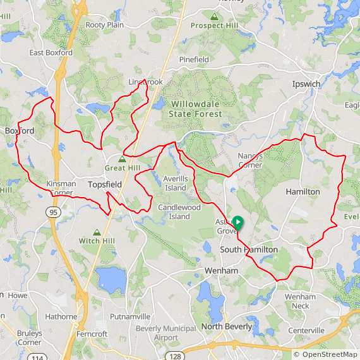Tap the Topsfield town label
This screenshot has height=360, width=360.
105,184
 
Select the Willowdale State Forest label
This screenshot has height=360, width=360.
196,109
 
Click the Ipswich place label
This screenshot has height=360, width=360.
306,84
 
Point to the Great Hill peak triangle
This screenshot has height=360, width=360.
122,159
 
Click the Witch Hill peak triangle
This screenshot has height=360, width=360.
97,232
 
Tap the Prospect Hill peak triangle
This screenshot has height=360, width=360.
215,16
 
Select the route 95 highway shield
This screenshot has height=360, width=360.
53,212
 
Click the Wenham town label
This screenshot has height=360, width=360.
221,270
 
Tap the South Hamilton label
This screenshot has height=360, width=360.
248,250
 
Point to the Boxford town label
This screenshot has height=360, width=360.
20,131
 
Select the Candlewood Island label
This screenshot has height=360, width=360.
179,212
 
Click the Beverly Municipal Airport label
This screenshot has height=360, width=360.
166,333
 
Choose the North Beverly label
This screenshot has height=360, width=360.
227,327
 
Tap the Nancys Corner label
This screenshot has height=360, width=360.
250,160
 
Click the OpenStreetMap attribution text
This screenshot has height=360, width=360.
326,354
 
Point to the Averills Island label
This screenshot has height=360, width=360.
176,183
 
